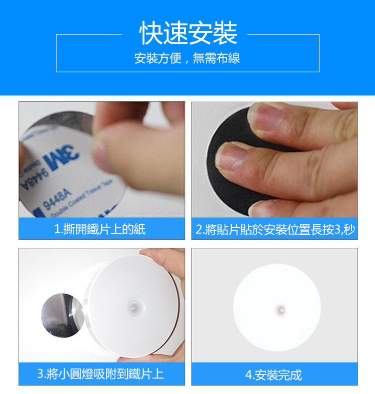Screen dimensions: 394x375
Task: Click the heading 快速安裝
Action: point(187,34)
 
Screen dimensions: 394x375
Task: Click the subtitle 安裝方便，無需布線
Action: point(187,59)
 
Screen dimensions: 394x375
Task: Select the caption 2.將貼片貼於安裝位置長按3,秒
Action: point(275,230)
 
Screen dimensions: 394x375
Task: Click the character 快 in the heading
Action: point(151,34)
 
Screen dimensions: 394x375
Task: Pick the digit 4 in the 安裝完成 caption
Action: point(249,374)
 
